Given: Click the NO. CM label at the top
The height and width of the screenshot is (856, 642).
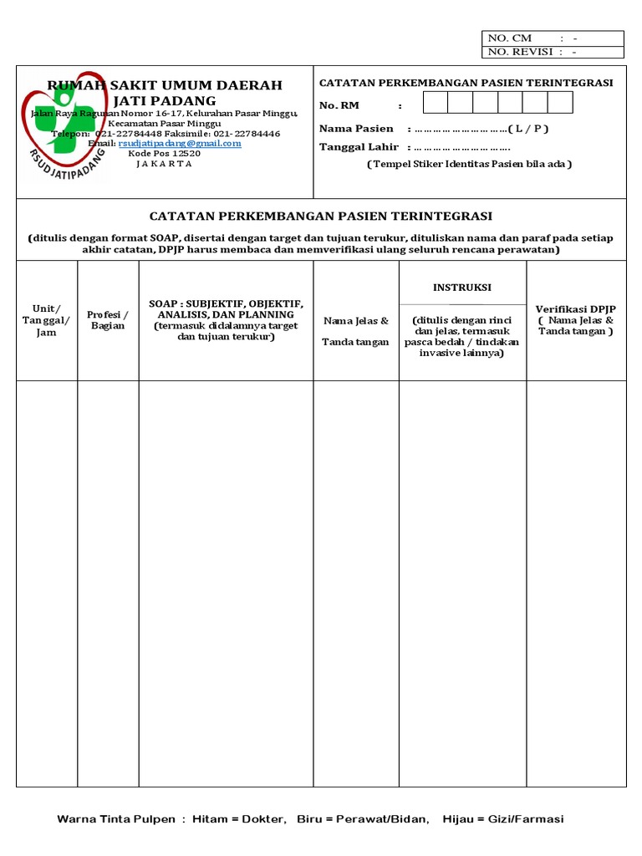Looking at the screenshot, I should (510, 38).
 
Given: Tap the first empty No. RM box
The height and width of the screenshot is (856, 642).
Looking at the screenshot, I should (435, 103).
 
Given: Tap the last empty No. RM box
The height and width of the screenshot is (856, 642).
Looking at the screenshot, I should (560, 103).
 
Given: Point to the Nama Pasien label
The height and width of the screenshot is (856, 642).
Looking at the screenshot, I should (356, 129).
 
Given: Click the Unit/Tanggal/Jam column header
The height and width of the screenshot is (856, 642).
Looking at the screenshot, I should (47, 320).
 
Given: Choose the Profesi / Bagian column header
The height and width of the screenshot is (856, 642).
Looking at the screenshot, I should (108, 320).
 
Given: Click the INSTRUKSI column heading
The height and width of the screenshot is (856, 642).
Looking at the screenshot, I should (462, 287).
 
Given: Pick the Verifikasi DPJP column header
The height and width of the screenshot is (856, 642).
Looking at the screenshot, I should (575, 308).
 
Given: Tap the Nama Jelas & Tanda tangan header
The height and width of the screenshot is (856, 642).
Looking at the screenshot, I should (356, 331).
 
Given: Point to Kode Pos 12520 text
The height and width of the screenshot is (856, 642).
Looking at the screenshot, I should (164, 153).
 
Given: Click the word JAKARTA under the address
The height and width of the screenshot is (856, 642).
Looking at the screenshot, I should (164, 164).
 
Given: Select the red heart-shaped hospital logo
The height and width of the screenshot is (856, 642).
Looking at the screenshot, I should (50, 125).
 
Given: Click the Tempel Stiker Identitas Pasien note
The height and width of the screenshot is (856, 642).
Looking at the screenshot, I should (469, 164).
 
